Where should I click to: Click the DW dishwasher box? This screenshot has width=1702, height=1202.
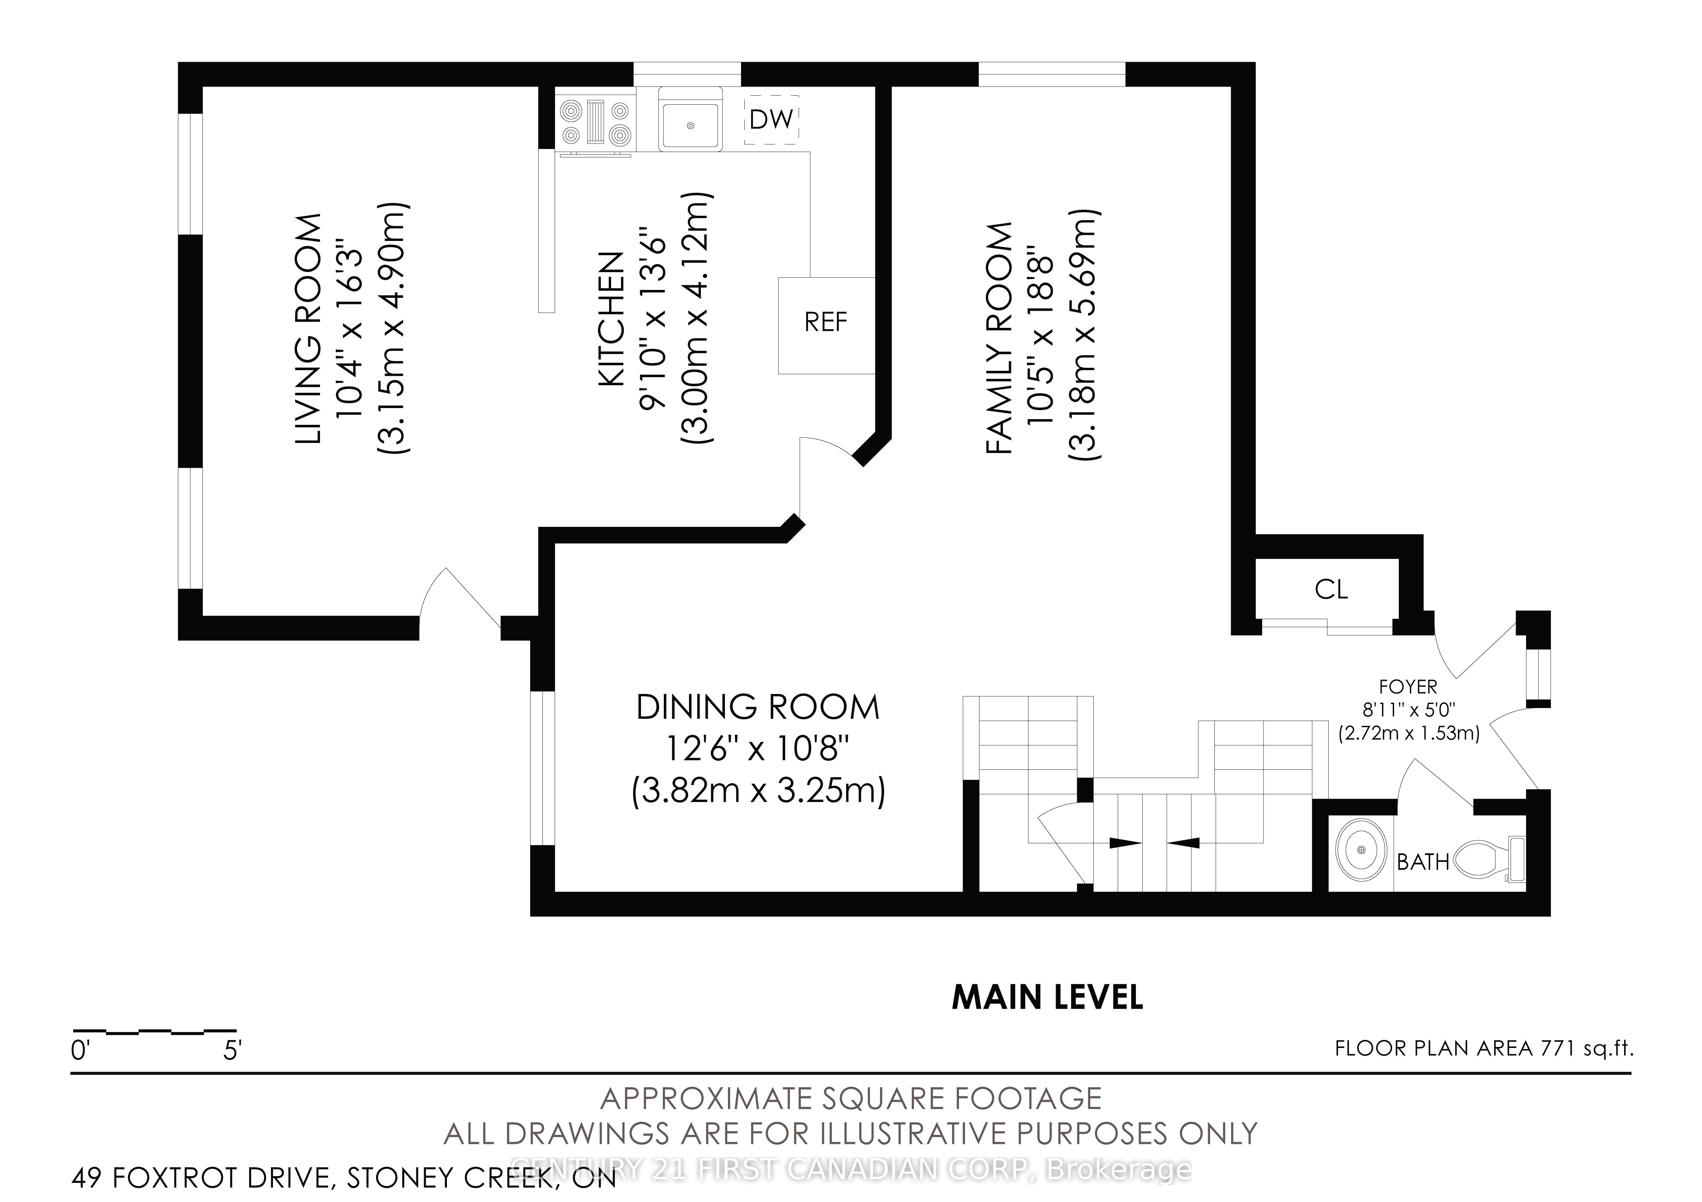[x=772, y=119]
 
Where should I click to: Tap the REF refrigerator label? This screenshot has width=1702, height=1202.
[x=826, y=322]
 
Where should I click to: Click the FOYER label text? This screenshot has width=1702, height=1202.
[x=1408, y=687]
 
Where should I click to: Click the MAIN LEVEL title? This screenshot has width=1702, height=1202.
[x=1048, y=997]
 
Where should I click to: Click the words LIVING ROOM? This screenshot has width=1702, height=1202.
[x=308, y=329]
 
